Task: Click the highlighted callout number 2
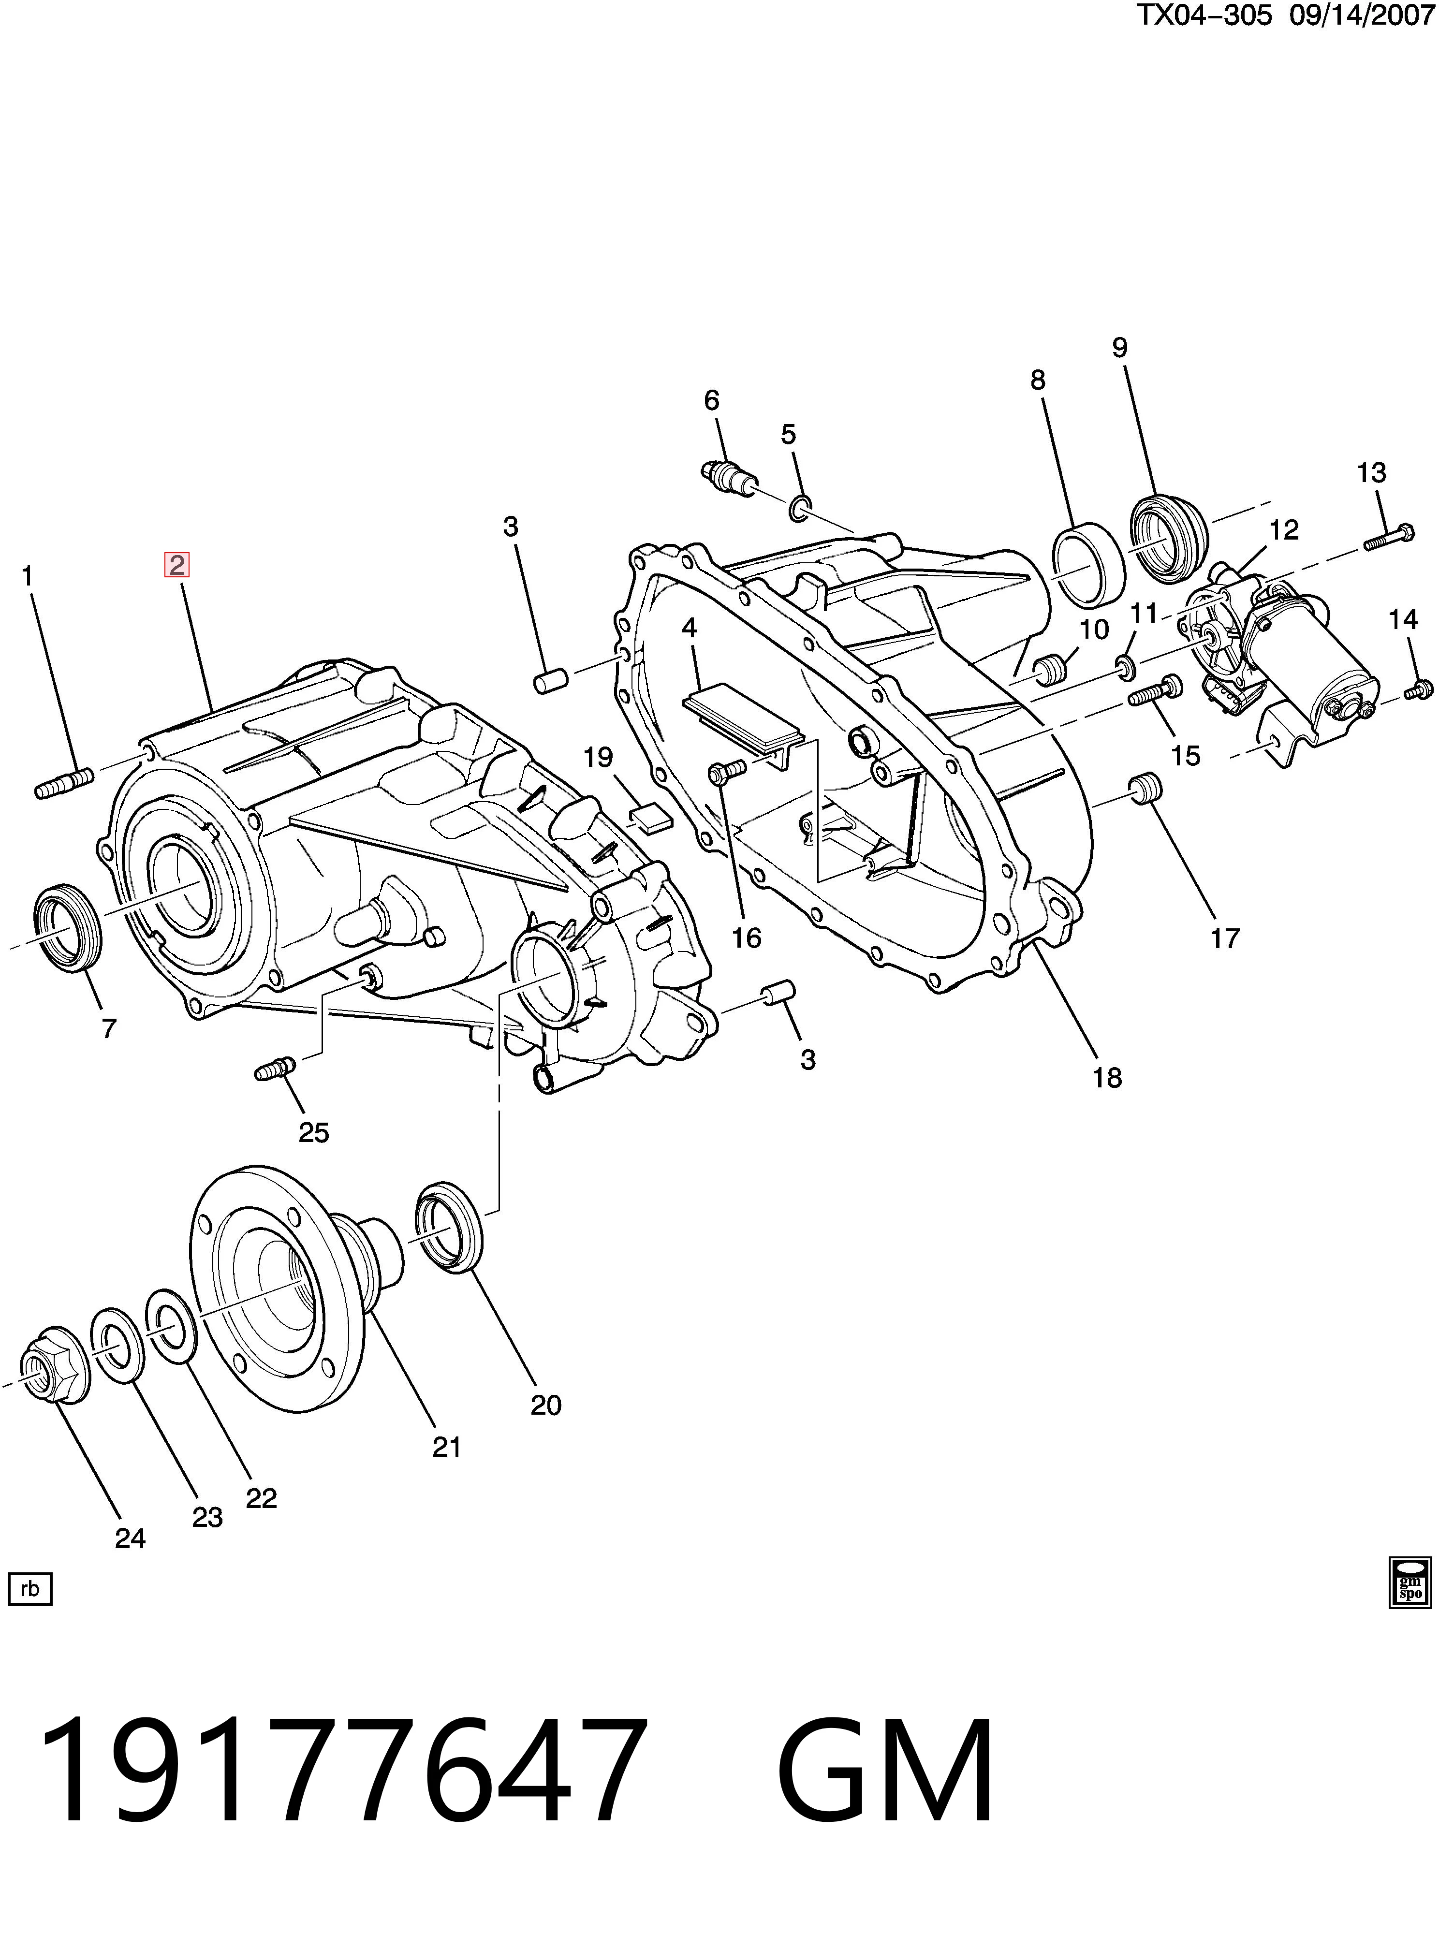click(x=177, y=566)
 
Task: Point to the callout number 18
click(x=1107, y=1078)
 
